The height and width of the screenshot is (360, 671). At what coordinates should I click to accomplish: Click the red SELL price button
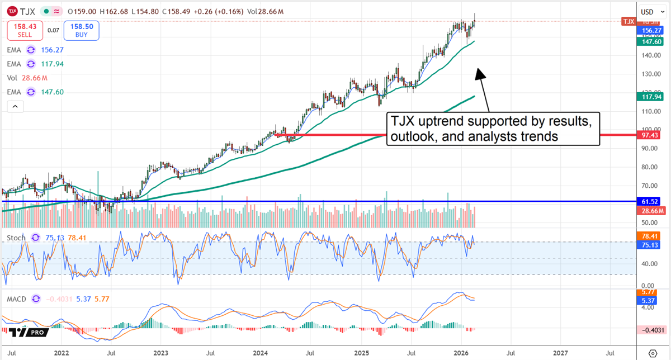coord(24,30)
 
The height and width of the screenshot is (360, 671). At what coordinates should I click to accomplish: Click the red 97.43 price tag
coord(651,135)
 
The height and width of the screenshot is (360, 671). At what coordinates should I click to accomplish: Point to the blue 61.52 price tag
coord(651,201)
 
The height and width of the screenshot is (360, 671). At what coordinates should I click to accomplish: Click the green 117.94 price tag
coord(651,97)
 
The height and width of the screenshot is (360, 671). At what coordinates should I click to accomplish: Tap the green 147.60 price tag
coord(651,41)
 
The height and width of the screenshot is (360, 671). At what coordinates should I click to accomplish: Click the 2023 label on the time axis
coord(160,353)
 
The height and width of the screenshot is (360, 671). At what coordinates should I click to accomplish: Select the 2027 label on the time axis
coord(560,353)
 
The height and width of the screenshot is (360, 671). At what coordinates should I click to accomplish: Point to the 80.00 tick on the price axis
coord(649,167)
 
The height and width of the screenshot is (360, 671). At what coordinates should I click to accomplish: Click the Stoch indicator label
coord(16,238)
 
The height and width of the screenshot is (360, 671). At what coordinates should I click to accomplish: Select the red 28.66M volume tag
coord(651,210)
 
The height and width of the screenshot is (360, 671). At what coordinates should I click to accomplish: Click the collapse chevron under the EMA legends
coord(15,106)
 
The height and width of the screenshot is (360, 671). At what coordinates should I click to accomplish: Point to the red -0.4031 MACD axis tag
coord(651,330)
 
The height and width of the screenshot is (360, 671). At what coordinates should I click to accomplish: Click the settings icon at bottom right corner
coord(652,353)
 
